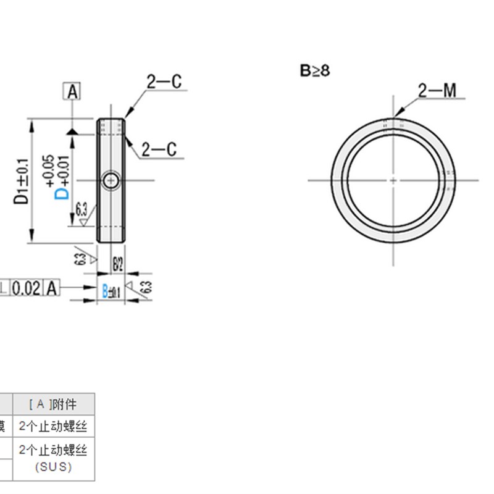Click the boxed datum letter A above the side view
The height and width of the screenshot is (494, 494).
[73, 92]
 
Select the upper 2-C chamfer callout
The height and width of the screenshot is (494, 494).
[164, 81]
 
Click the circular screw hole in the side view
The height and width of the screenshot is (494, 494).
[111, 180]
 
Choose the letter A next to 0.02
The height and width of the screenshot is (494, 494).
[52, 287]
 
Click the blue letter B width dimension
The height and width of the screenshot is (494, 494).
[105, 291]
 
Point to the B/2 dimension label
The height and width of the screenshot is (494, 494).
[117, 265]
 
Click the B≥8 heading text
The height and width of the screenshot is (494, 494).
[315, 71]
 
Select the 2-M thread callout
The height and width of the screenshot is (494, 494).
[437, 91]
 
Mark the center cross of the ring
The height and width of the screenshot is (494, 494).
[393, 180]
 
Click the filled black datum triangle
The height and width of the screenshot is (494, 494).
[73, 132]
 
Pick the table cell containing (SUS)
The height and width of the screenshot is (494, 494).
[53, 467]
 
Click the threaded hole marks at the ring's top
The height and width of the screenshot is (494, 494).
[393, 124]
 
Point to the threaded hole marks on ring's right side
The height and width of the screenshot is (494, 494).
[449, 180]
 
